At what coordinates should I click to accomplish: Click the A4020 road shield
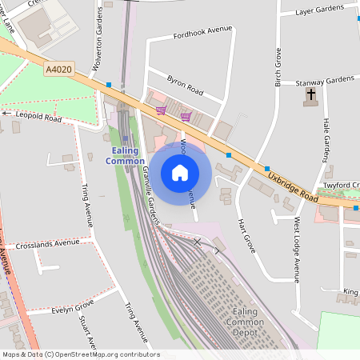(x=58, y=70)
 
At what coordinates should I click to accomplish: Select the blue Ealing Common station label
(x=126, y=155)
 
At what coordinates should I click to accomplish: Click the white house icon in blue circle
(x=180, y=173)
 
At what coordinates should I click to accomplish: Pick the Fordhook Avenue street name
(x=202, y=33)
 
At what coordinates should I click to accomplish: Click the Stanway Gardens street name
(x=325, y=80)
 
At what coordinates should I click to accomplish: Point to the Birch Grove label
(x=278, y=67)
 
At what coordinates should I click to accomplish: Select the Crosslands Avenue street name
(x=47, y=242)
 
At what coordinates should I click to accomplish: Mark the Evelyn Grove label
(x=72, y=306)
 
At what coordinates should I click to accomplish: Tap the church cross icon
(x=310, y=97)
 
